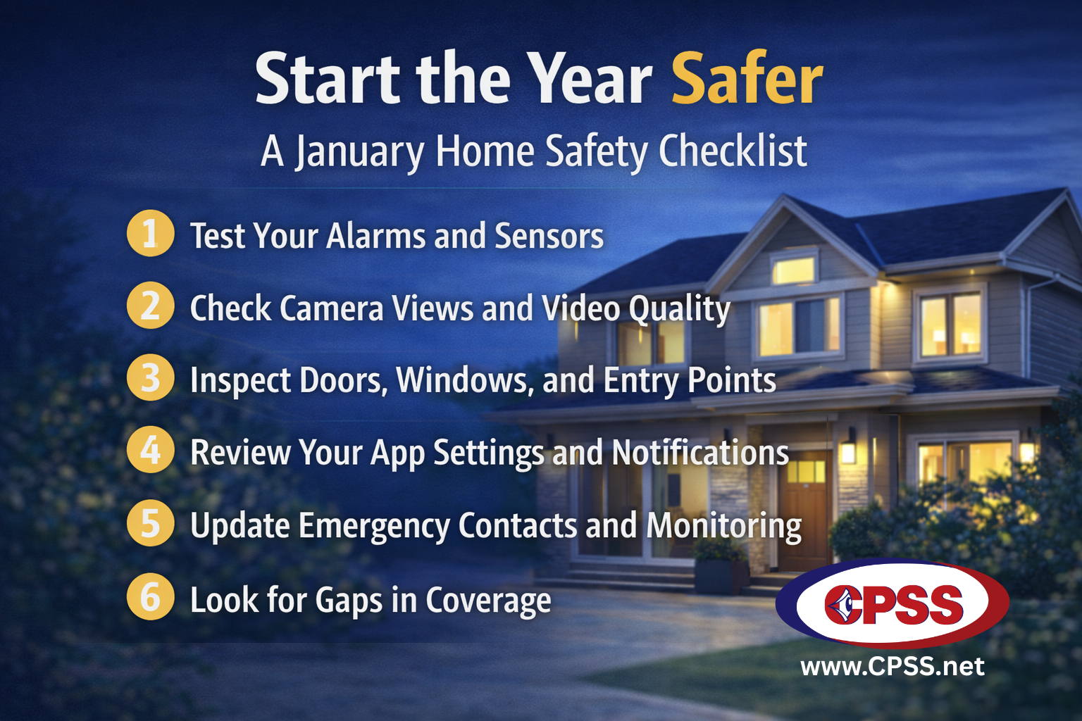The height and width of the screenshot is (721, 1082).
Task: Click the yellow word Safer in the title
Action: pos(747,77)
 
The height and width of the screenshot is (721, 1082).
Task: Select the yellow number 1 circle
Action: pos(150,233)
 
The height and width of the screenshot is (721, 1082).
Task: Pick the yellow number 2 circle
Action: pos(150,305)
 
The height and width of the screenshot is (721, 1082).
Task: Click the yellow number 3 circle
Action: pos(150,377)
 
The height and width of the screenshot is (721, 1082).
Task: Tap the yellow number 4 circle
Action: pos(150,450)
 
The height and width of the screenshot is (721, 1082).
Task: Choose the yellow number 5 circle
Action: pos(150,523)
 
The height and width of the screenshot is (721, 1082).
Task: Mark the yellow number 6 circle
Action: pos(150,596)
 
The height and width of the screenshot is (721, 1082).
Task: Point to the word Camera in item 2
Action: pos(331,308)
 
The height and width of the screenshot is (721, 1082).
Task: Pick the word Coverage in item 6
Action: pos(488,601)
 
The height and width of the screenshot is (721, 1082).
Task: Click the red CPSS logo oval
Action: pos(892,603)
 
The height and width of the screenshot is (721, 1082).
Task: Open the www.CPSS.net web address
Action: pos(893,667)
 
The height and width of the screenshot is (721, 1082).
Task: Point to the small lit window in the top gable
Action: pos(793,270)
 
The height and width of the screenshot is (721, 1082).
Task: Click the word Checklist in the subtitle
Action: pos(733,151)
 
